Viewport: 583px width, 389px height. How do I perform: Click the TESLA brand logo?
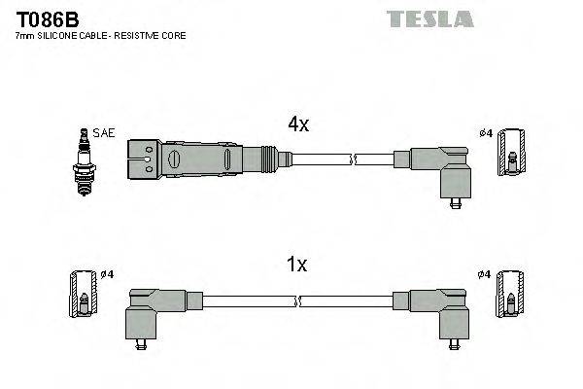[x=429, y=18]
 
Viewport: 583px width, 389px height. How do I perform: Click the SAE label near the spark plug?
[x=102, y=133]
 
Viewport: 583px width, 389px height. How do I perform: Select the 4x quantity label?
[x=297, y=124]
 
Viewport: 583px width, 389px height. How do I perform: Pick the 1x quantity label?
[x=297, y=264]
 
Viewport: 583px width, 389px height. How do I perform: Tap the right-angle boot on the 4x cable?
[x=441, y=169]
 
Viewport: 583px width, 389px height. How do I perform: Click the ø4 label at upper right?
[x=487, y=133]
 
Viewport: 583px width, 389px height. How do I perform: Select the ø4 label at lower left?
[x=106, y=273]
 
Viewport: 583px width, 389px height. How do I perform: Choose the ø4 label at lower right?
[x=485, y=273]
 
